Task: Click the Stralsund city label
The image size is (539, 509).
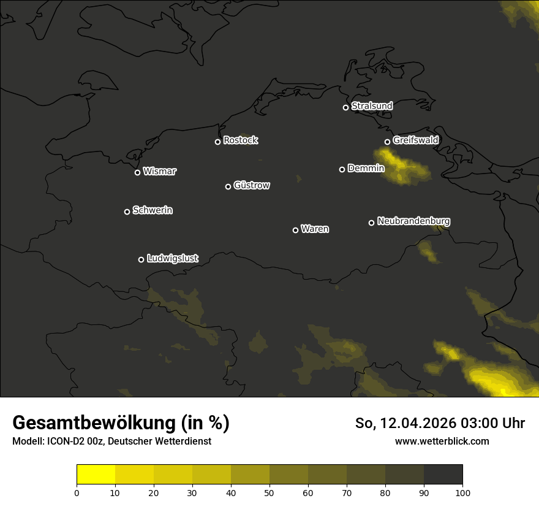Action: coord(372,106)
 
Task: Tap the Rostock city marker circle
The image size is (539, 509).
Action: coord(217,142)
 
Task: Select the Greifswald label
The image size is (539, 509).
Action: coord(415,140)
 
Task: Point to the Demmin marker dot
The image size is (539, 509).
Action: coord(342,169)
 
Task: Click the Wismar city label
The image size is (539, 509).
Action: coord(159,172)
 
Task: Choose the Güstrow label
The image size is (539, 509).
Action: coord(252,185)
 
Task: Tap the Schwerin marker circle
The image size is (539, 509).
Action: coord(127,212)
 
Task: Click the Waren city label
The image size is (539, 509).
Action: coord(315,229)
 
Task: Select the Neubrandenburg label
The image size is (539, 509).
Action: coord(413,221)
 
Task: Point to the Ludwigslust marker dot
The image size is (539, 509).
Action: coord(141,259)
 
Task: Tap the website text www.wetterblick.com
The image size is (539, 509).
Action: coord(442,441)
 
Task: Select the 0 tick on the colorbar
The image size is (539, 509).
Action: coord(77,492)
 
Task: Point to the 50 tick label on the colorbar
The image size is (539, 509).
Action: coord(269,492)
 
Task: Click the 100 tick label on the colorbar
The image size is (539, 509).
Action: coord(462,492)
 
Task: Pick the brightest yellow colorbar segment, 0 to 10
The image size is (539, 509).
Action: coord(96,474)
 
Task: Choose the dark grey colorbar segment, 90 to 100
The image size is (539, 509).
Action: coord(443,474)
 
